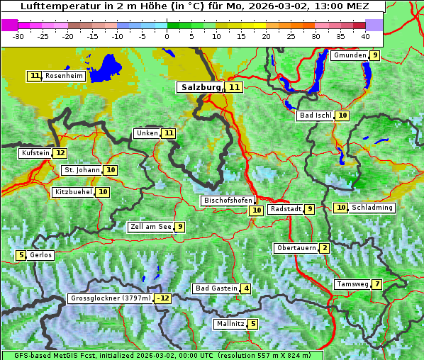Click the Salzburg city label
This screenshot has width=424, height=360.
click(x=201, y=87)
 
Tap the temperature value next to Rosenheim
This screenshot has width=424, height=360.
click(x=35, y=76)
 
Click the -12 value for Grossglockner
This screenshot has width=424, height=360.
click(x=163, y=298)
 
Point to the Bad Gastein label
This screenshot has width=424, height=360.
click(x=216, y=288)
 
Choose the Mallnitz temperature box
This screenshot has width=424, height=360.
click(x=253, y=324)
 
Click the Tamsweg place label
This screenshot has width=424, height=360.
click(x=352, y=284)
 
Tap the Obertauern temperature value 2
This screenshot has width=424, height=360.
click(x=324, y=248)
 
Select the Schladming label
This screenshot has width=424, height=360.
click(x=372, y=208)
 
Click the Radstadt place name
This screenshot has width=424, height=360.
click(x=286, y=209)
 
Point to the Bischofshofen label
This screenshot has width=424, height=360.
click(x=228, y=201)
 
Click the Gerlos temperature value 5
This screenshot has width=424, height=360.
click(x=21, y=255)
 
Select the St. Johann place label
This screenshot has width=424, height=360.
click(x=82, y=170)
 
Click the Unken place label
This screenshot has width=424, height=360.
click(x=147, y=133)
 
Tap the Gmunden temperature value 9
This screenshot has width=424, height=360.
click(x=375, y=55)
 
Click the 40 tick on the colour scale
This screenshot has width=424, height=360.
click(x=365, y=36)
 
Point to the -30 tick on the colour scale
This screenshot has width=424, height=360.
click(x=18, y=36)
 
